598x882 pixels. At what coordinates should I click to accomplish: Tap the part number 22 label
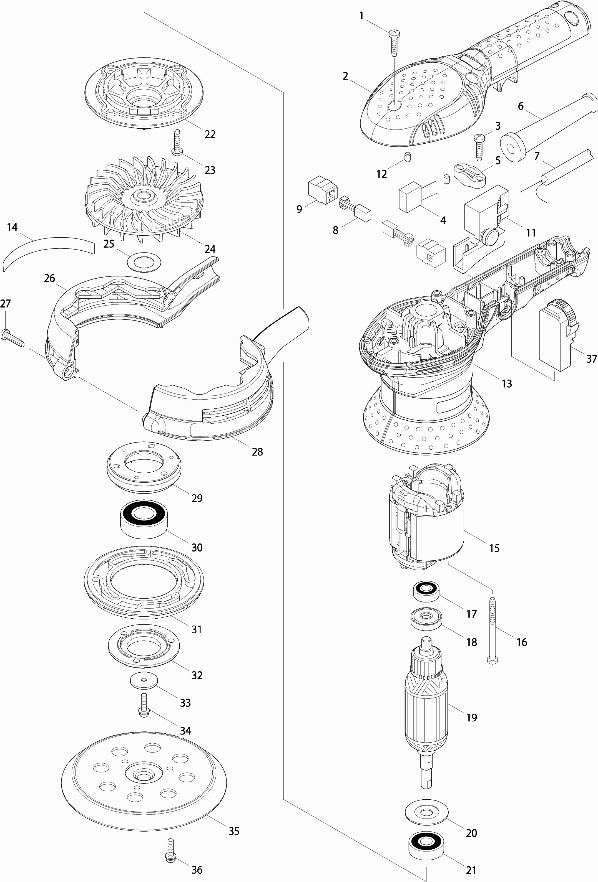point(210,134)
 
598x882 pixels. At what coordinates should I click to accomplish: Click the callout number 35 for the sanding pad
point(234,831)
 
